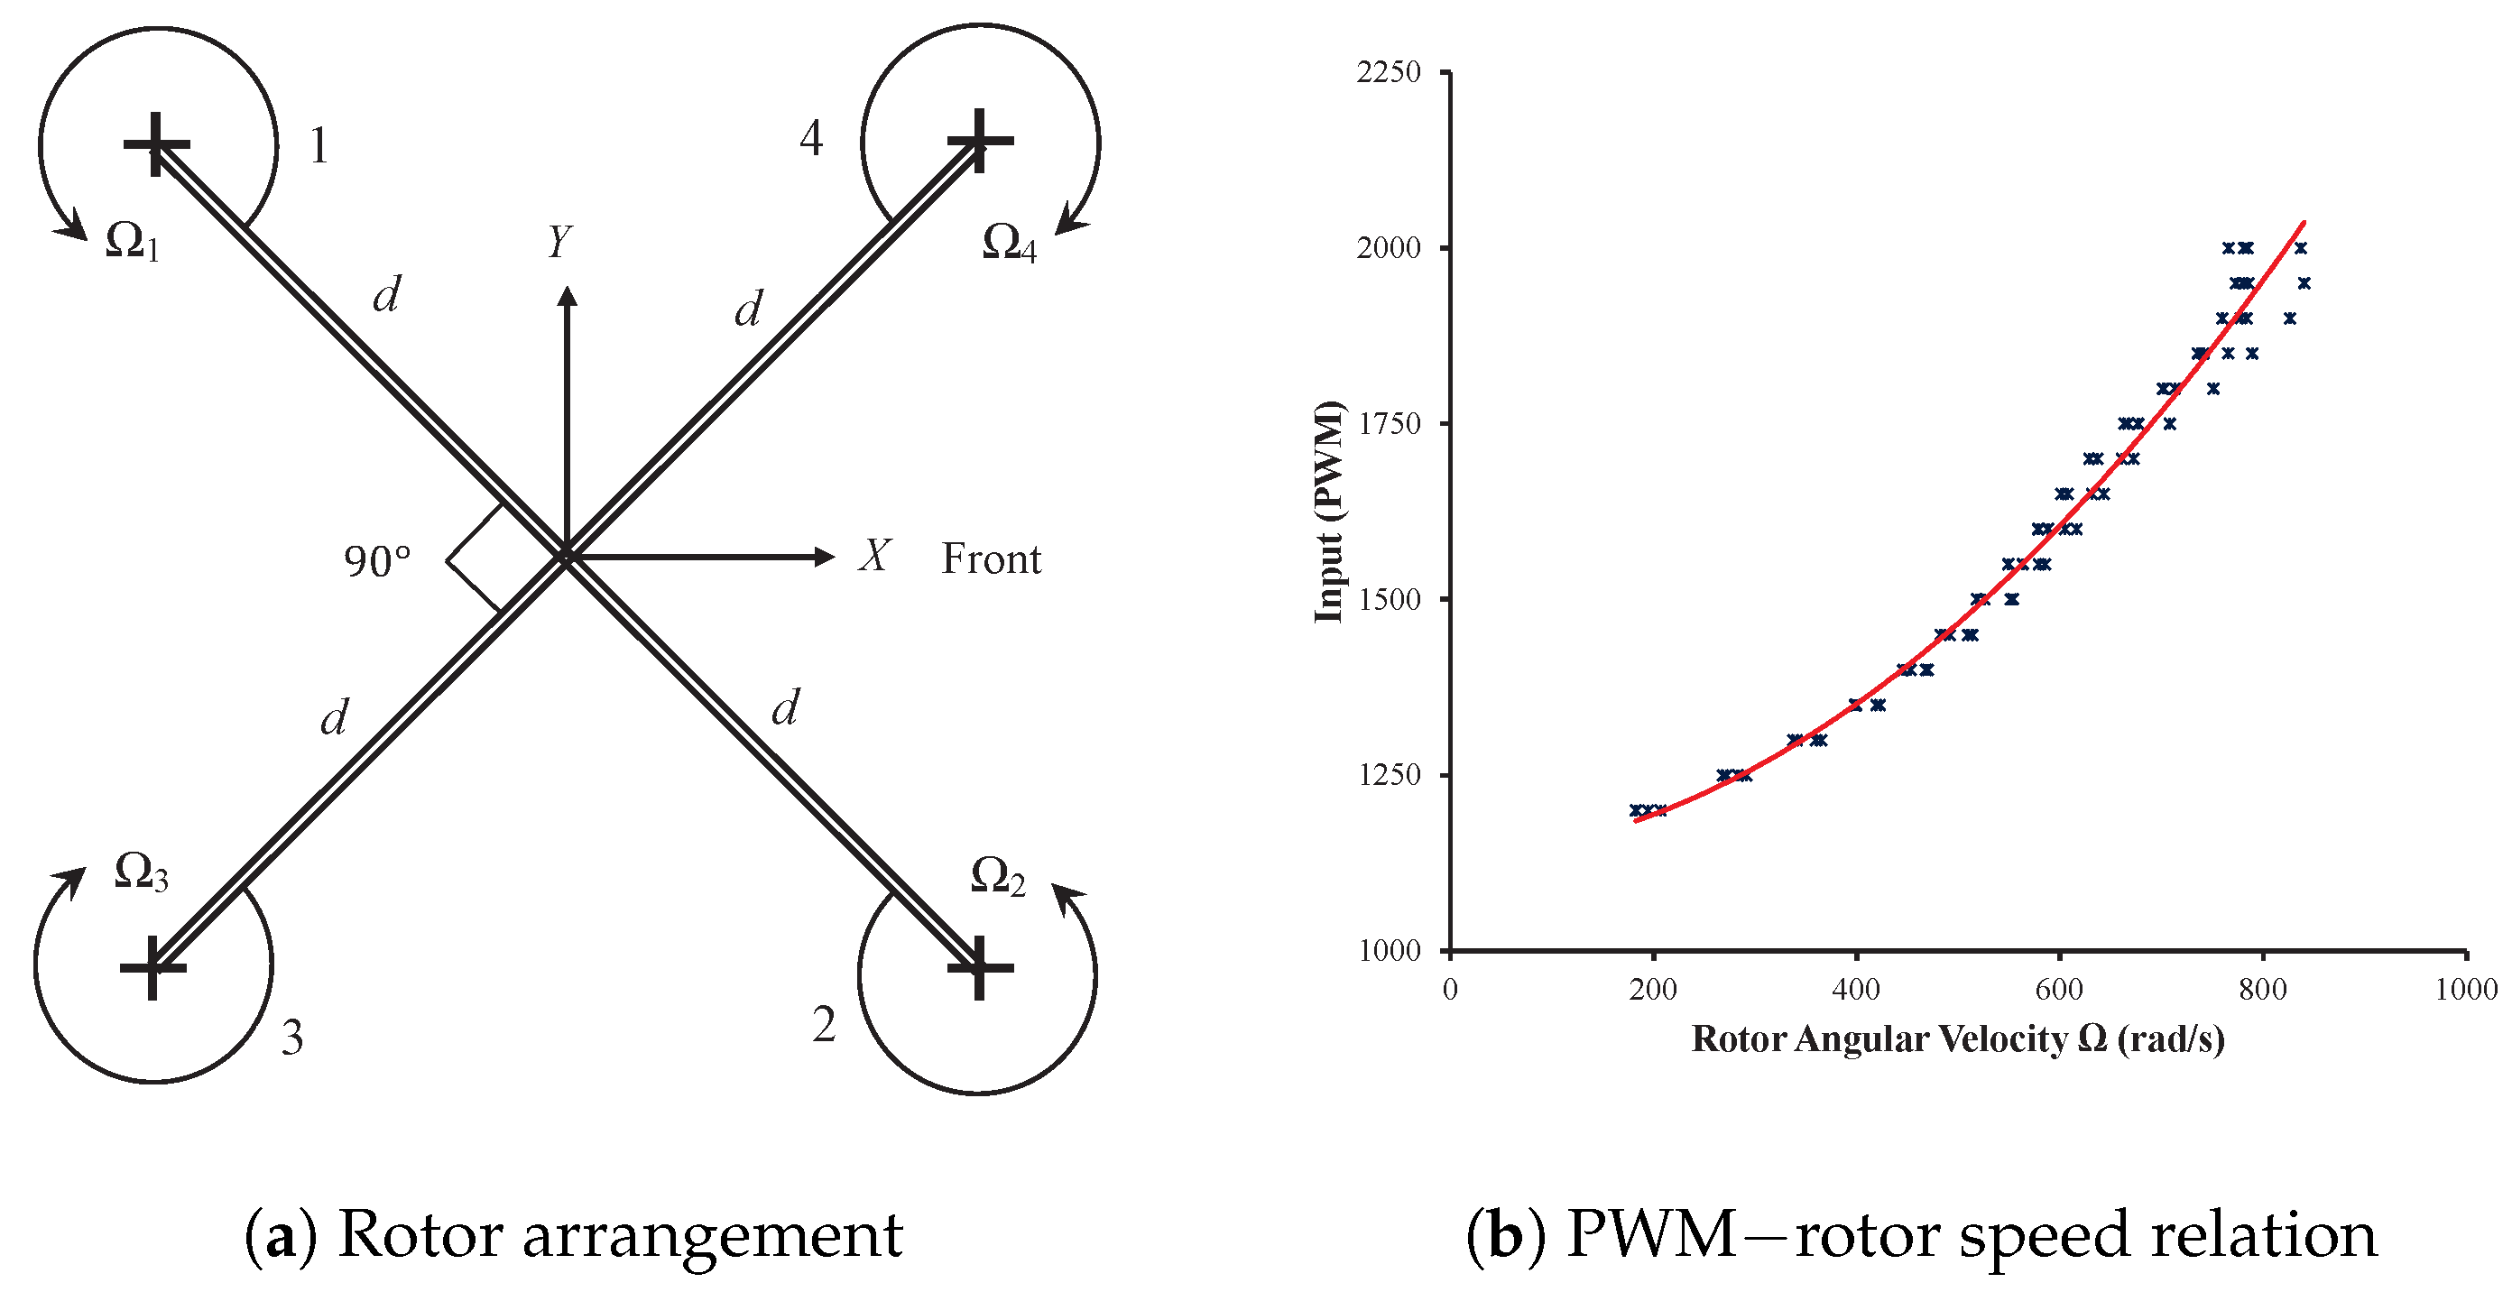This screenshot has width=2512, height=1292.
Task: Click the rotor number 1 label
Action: click(319, 146)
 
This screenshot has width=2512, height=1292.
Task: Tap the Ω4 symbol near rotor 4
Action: click(1008, 242)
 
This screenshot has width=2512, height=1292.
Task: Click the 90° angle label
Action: click(377, 562)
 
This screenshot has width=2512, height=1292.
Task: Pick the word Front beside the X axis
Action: click(991, 558)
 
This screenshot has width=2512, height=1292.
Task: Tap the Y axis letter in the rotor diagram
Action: click(559, 241)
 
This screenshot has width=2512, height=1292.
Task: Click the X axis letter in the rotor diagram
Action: click(873, 556)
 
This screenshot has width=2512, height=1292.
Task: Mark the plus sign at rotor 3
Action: click(152, 967)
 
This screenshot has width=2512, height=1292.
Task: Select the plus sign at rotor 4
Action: click(980, 141)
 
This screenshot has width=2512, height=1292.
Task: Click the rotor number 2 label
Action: click(824, 1025)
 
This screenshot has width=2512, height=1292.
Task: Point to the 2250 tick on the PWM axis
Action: click(1388, 72)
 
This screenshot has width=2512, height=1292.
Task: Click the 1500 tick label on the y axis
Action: click(1388, 600)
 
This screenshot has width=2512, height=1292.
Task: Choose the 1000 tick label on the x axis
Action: click(2465, 990)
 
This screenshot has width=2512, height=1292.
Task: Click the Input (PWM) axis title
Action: click(1329, 511)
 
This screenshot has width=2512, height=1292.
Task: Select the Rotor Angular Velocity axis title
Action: click(1957, 1039)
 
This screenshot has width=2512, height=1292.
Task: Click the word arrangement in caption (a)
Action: click(712, 1235)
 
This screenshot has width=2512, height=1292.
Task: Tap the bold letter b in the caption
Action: click(1507, 1235)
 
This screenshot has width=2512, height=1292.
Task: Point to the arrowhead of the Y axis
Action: click(567, 295)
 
